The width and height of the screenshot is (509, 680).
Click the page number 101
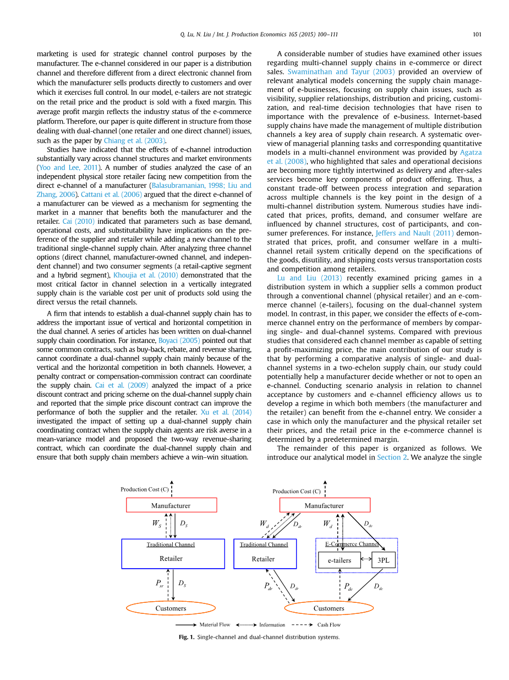(477, 34)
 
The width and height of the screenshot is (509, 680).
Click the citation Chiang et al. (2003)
(135, 141)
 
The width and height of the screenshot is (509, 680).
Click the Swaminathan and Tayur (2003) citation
(341, 72)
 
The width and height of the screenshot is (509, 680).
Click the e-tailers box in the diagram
(340, 560)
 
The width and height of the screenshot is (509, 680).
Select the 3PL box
(383, 560)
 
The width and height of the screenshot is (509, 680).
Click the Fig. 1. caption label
(187, 637)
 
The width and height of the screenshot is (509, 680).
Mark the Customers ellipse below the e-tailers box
(329, 608)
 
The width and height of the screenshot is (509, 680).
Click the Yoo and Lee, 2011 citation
(69, 168)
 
